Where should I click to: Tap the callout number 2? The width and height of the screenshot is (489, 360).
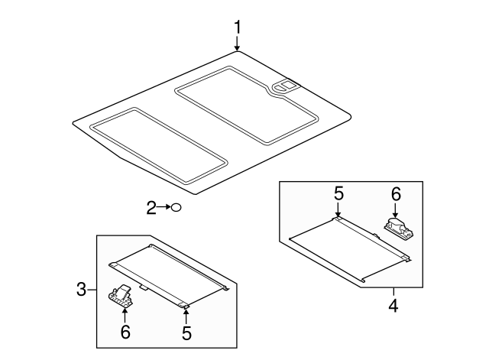point(151,206)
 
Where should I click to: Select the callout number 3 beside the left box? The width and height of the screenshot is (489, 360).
point(82,289)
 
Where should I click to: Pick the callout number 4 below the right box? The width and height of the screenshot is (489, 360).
point(393,306)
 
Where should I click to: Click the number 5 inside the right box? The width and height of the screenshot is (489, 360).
point(338,194)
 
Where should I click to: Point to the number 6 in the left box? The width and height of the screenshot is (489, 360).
point(126,332)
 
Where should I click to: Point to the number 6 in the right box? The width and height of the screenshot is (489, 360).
point(396,194)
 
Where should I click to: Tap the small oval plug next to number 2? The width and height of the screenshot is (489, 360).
point(176,206)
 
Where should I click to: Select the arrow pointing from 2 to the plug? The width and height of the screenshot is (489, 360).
point(164,206)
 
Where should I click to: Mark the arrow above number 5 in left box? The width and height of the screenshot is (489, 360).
point(186,315)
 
